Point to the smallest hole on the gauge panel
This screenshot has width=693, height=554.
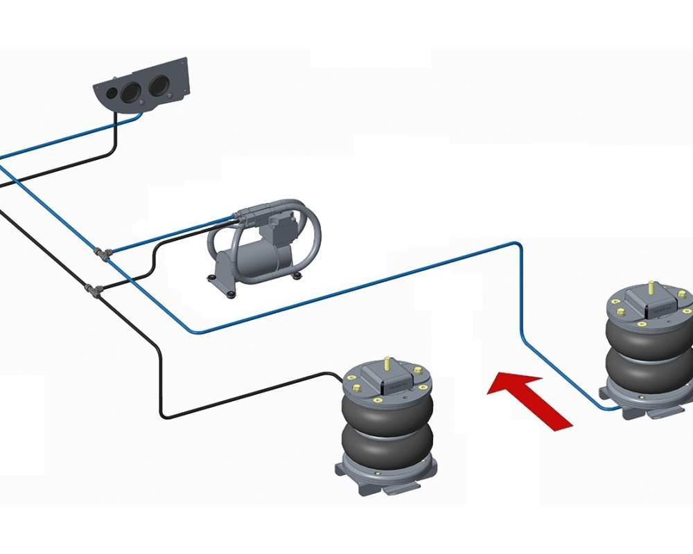[x=112, y=93]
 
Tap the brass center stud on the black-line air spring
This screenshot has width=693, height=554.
[x=387, y=363]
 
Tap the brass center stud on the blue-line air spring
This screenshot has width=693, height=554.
[x=651, y=286]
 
